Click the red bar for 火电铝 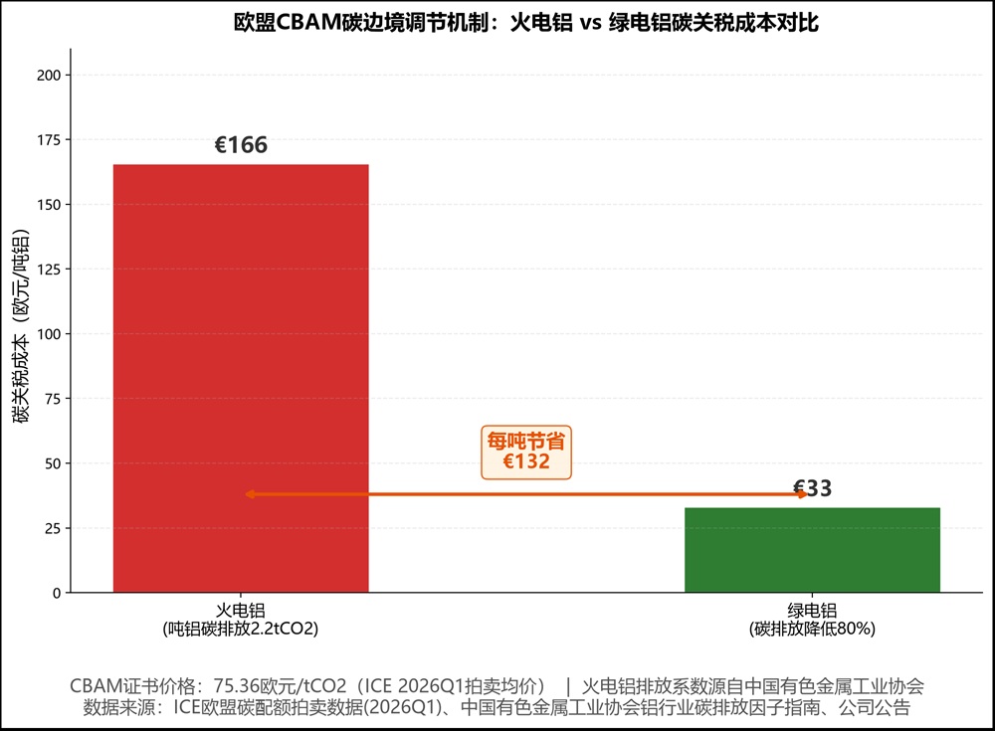pyautogui.click(x=241, y=378)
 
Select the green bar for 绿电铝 pyautogui.click(x=812, y=550)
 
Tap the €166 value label pyautogui.click(x=241, y=145)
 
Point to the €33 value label pyautogui.click(x=812, y=488)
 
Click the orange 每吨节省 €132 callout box pyautogui.click(x=526, y=453)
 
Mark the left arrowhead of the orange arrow pyautogui.click(x=250, y=493)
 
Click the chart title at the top pyautogui.click(x=526, y=23)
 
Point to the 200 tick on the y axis pyautogui.click(x=49, y=75)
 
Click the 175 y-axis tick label pyautogui.click(x=49, y=139)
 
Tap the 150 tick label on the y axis pyautogui.click(x=49, y=204)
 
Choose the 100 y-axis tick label pyautogui.click(x=49, y=334)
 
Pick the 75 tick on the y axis pyautogui.click(x=53, y=399)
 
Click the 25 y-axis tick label pyautogui.click(x=53, y=528)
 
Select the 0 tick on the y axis pyautogui.click(x=57, y=593)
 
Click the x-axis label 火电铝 pyautogui.click(x=241, y=611)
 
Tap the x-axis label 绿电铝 pyautogui.click(x=812, y=611)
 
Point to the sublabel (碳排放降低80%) pyautogui.click(x=812, y=629)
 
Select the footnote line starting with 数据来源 pyautogui.click(x=497, y=707)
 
